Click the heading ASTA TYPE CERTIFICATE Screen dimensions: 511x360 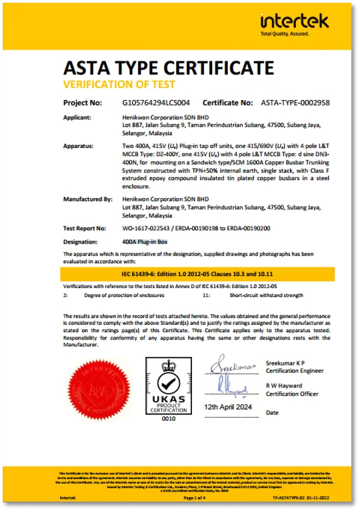(168, 67)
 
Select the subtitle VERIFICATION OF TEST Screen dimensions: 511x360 (119, 85)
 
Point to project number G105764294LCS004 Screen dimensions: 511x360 (157, 103)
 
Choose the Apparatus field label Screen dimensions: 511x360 (78, 145)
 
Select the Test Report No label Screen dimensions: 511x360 (84, 227)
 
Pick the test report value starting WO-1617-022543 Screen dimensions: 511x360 (189, 227)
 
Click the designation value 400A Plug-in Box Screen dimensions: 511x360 (145, 241)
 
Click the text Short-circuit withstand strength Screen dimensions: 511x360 (265, 294)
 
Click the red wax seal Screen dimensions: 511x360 (97, 390)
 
